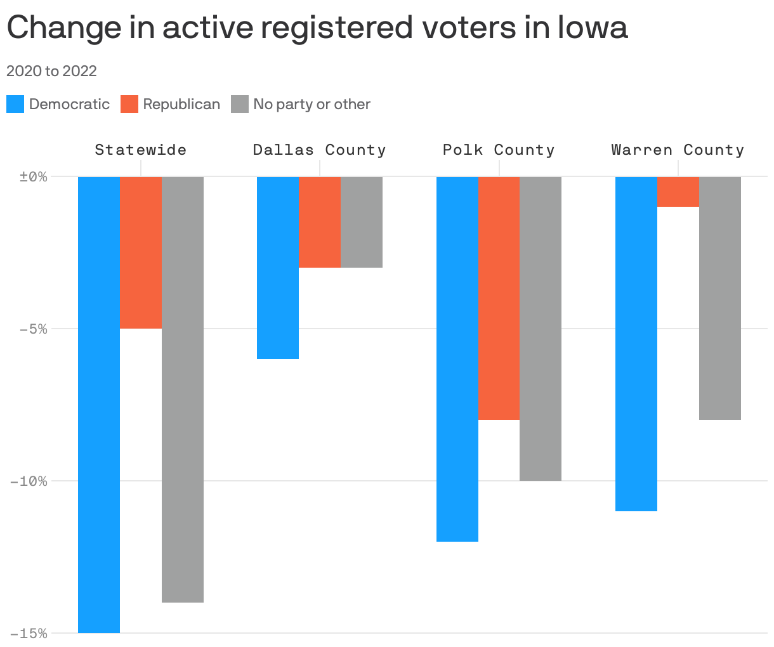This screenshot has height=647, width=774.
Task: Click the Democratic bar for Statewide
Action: coord(99,404)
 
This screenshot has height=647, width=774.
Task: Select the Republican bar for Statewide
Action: coord(141,252)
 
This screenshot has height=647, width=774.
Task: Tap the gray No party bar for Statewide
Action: coord(183,389)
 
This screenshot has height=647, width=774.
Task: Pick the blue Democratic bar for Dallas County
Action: coord(278,268)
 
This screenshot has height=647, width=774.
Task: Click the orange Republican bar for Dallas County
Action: coord(320,222)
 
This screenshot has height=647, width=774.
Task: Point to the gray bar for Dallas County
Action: coord(362,222)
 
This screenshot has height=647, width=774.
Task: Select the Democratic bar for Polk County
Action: coord(457,358)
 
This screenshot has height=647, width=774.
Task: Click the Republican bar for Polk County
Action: coord(499,298)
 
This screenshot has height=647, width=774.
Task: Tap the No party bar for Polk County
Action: coord(541,328)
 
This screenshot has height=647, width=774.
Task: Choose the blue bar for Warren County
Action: coord(636,343)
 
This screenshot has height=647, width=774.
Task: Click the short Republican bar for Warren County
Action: coord(678,192)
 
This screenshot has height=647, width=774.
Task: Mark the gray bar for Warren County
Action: coord(720,298)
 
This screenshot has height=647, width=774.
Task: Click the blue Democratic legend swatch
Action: coord(15,104)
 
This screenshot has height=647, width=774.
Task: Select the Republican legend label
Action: coord(181,104)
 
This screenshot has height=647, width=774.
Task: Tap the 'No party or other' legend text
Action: coord(312,104)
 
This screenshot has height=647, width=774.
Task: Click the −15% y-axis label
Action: coord(29,633)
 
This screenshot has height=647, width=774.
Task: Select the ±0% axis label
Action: coord(34,176)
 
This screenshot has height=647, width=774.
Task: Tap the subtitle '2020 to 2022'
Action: coord(51,71)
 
